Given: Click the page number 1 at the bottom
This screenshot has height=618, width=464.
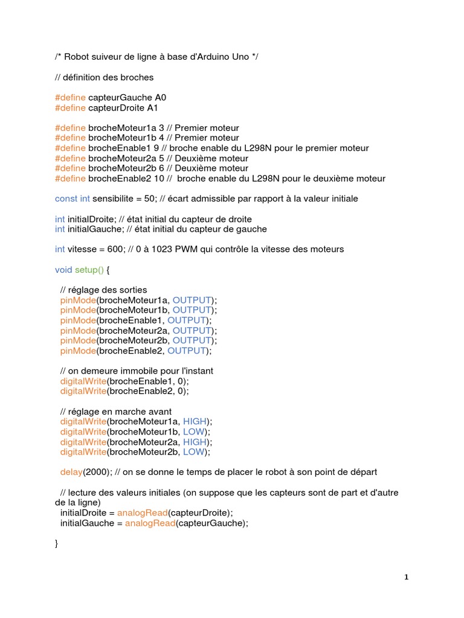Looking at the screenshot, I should coord(407,577).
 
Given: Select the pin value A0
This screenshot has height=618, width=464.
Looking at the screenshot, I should coord(161,97).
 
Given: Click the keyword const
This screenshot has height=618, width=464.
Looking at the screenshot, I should coord(66,199).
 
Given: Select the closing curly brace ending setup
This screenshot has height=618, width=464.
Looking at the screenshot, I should coord(57,544).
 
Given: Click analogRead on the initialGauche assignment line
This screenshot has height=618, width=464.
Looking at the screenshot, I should coord(150,523).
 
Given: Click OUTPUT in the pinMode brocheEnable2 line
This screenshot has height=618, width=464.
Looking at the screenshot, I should coord(187,351).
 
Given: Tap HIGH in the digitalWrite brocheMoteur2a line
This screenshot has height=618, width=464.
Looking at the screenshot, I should coord(195,442).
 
